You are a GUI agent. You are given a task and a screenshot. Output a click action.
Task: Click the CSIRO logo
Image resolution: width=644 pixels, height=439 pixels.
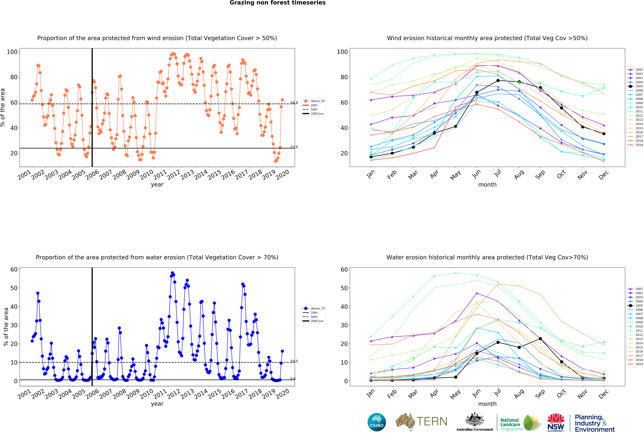(377, 422)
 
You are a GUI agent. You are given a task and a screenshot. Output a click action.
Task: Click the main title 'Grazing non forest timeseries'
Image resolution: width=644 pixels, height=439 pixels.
(277, 3)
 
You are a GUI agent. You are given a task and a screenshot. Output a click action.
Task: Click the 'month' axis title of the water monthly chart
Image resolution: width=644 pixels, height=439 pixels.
(487, 404)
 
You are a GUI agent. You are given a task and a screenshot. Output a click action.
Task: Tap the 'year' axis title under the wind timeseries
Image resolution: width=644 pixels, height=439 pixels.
(157, 185)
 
